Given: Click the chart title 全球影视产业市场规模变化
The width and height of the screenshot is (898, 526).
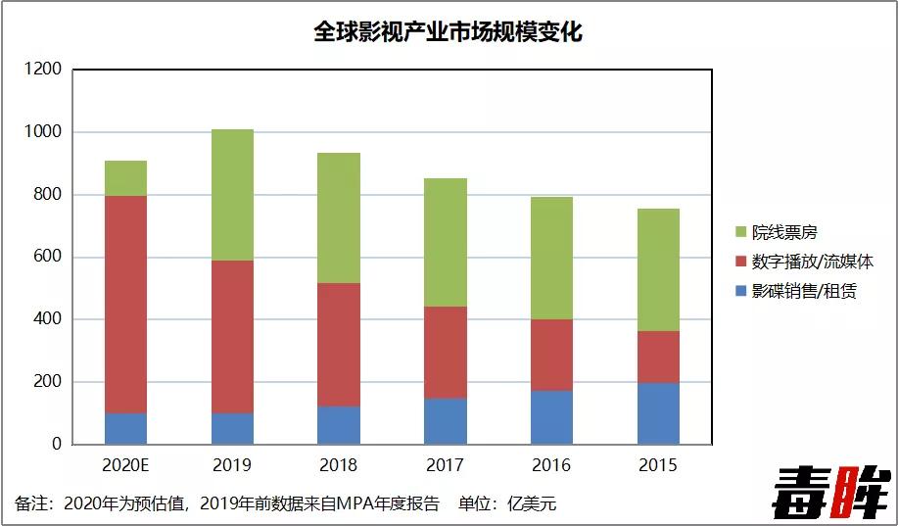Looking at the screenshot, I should coord(448,32).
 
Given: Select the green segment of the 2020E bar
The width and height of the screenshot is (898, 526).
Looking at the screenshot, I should coord(125,177).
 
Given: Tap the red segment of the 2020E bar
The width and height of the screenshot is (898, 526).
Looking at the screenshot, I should coord(125,304).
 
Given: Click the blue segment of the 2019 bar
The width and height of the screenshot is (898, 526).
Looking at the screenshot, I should coord(232,428).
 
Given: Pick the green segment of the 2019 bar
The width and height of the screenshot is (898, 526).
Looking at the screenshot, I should coord(232,194).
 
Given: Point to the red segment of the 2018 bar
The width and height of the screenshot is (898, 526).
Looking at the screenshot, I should coord(339,344).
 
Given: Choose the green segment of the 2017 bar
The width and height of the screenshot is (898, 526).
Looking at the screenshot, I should coord(446,242).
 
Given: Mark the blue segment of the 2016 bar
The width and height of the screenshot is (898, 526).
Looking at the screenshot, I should coord(552,417).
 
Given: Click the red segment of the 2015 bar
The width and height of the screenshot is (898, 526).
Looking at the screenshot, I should coord(658,357).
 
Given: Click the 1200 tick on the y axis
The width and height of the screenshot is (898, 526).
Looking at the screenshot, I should coord(43,70).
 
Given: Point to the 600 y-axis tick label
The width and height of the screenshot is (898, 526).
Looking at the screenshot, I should coord(47,257).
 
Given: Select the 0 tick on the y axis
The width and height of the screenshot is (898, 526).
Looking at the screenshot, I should coord(56,444).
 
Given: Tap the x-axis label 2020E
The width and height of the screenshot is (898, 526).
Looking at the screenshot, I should coord(125,464).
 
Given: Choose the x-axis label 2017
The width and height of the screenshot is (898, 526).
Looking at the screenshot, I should coord(446,464).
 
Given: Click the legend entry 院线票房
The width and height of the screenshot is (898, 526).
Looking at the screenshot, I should coord(783,233).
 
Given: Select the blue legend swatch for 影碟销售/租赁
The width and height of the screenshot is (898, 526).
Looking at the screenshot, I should coord(741,291).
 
